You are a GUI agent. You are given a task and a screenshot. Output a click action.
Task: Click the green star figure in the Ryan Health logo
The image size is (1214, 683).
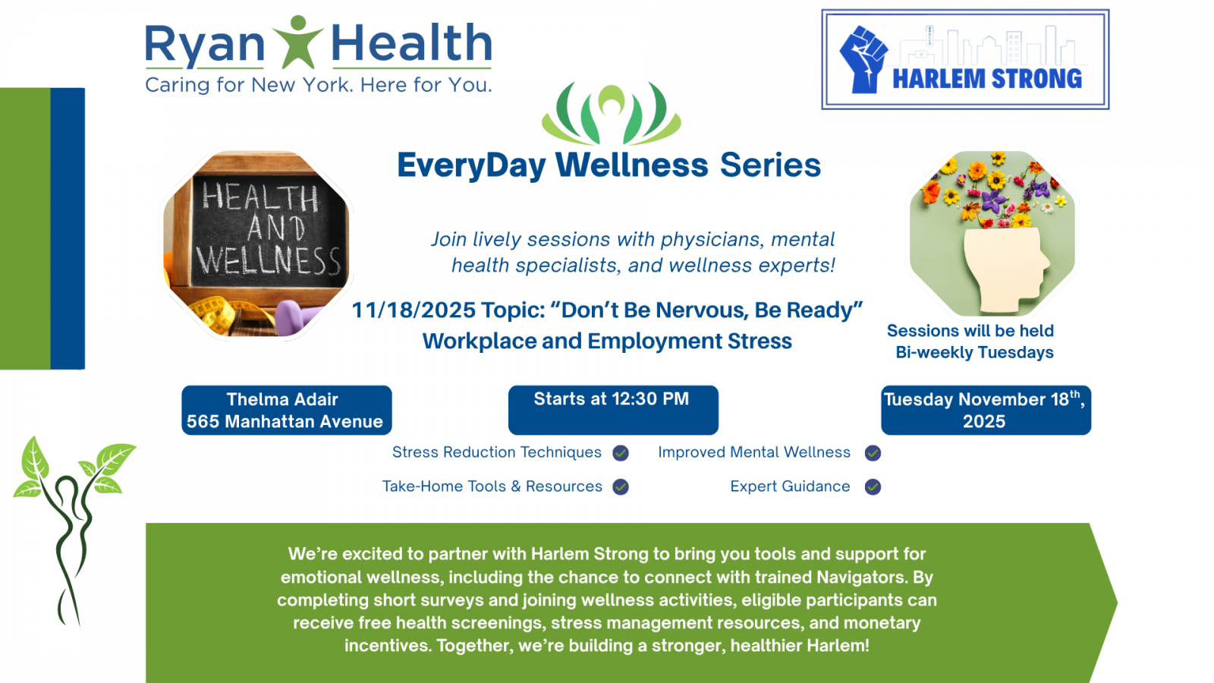tap(297, 42)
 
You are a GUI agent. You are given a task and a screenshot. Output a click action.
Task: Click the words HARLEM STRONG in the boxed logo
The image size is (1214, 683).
tap(987, 79)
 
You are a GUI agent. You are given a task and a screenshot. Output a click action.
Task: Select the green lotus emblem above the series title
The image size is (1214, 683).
tap(612, 113)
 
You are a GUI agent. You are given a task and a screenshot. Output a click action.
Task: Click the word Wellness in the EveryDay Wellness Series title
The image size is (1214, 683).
tap(631, 165)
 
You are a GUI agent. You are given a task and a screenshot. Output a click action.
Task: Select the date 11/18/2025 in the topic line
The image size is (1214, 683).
tap(414, 310)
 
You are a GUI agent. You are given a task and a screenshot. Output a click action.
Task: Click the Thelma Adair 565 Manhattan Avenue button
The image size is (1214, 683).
tap(287, 410)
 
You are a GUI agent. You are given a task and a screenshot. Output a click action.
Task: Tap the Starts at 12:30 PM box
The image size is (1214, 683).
tap(613, 410)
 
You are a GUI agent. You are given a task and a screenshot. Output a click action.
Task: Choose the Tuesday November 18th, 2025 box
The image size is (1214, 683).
tap(986, 410)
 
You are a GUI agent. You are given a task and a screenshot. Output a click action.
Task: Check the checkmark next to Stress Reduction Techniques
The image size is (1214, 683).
tap(621, 452)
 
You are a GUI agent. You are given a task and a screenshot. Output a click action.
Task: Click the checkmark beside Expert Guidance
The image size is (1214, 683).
tap(873, 486)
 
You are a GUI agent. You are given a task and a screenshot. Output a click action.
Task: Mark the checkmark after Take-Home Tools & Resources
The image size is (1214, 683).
tap(621, 486)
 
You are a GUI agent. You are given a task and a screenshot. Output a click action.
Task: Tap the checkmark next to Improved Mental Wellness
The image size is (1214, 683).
tap(873, 452)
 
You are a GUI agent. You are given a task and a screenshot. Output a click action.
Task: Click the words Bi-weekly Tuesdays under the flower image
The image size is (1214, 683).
tap(974, 352)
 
